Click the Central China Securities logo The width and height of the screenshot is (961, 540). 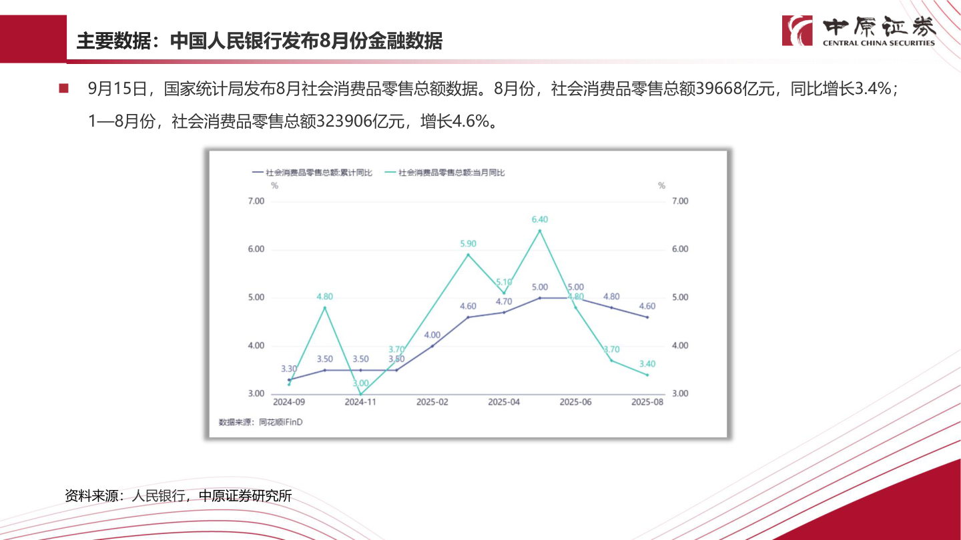coord(859,31)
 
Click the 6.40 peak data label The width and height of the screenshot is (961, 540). coord(539,219)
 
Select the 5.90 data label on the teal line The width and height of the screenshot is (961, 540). coord(468,243)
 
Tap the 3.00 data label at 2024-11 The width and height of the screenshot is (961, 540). coord(360,383)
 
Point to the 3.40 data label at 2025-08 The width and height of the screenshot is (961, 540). coord(647,364)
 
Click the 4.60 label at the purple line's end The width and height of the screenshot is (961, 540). coord(647,307)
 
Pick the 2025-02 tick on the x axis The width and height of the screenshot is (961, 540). coord(432,403)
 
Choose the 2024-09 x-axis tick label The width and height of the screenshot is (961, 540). coord(289,403)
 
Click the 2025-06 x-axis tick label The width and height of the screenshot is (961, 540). coord(575,403)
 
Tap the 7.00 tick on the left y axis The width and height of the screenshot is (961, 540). coord(257,201)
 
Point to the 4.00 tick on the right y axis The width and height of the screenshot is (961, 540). coord(679,346)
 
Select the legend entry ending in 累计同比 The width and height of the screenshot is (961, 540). coord(312,173)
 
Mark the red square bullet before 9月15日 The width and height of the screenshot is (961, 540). coord(64,89)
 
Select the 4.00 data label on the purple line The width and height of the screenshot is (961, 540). coord(432,335)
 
